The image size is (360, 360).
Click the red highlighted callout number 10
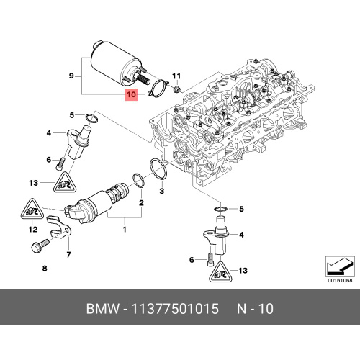click(x=131, y=94)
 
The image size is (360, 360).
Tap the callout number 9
click(x=71, y=76)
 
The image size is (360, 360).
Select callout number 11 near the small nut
click(x=176, y=76)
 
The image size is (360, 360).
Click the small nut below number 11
click(x=176, y=89)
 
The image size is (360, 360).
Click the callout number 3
click(x=162, y=191)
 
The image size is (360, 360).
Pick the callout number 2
click(x=141, y=203)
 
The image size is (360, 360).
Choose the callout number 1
click(x=125, y=230)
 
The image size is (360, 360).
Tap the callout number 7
click(x=69, y=254)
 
